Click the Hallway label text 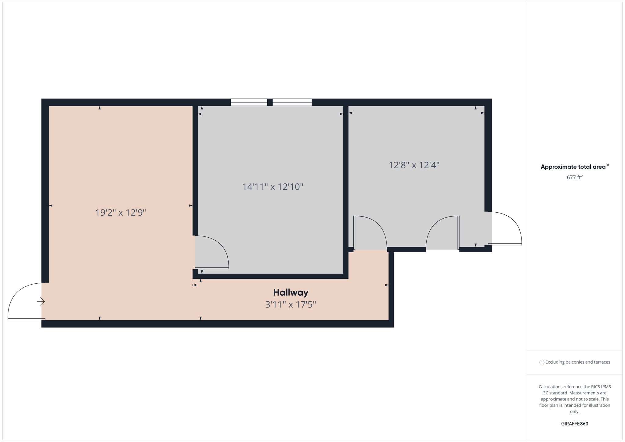point(291,293)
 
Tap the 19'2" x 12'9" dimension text point(121,213)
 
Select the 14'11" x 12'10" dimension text point(273,187)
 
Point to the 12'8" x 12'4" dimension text point(414,165)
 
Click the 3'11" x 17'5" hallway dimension point(291,305)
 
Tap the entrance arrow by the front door point(41,302)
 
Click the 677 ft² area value point(575,177)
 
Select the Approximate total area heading point(573,167)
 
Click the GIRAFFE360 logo point(575,424)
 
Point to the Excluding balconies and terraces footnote point(575,362)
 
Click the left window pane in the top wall point(249,102)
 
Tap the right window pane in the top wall point(292,102)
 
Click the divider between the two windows point(270,102)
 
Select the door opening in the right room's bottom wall point(443,233)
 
